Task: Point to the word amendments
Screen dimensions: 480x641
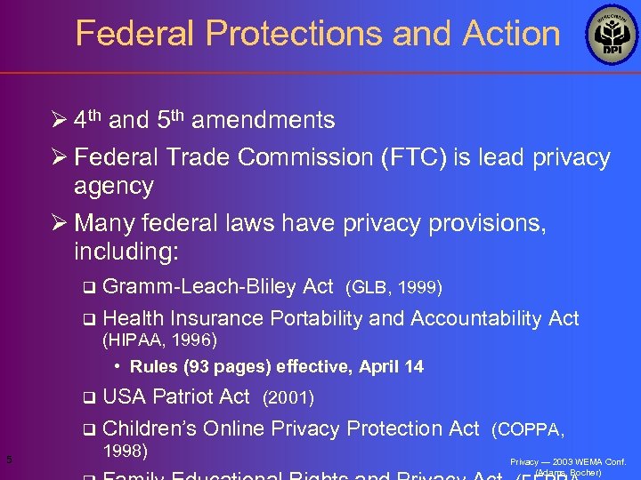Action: click(x=263, y=120)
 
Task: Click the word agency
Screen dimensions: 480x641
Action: click(x=114, y=186)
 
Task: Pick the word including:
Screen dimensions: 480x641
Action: click(x=126, y=252)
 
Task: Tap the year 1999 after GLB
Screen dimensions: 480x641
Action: click(x=419, y=287)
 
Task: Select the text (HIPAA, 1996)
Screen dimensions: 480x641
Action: click(x=160, y=340)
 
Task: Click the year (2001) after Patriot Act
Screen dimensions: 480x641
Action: click(x=289, y=396)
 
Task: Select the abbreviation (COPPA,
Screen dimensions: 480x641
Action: click(x=528, y=429)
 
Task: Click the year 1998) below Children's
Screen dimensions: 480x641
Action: click(x=126, y=452)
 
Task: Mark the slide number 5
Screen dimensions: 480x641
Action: click(x=8, y=460)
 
